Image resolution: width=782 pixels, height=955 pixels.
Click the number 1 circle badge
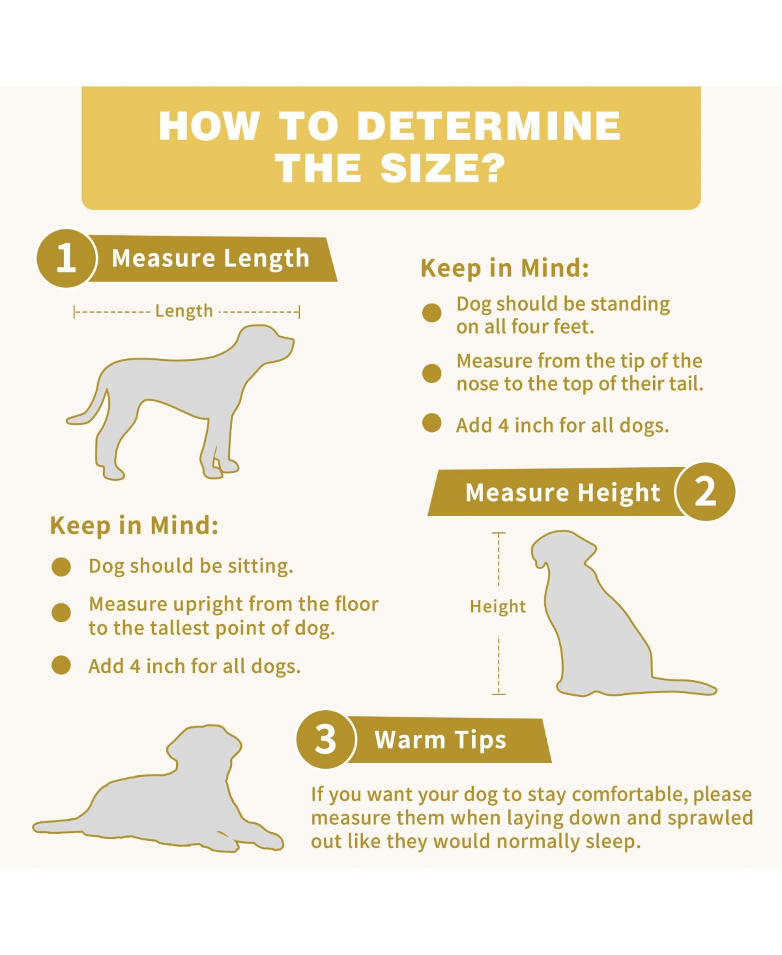66,258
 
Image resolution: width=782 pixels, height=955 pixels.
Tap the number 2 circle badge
706,492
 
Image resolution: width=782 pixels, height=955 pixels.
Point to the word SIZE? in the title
442,168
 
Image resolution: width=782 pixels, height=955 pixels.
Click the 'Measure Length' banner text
210,259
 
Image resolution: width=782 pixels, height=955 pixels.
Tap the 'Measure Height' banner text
562,492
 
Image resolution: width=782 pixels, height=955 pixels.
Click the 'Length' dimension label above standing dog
184,311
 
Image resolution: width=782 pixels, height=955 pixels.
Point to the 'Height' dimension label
498,606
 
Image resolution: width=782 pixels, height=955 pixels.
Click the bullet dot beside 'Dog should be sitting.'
61,567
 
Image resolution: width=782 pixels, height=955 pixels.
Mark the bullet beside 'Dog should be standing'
432,313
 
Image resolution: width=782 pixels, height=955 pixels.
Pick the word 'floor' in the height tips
356,604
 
